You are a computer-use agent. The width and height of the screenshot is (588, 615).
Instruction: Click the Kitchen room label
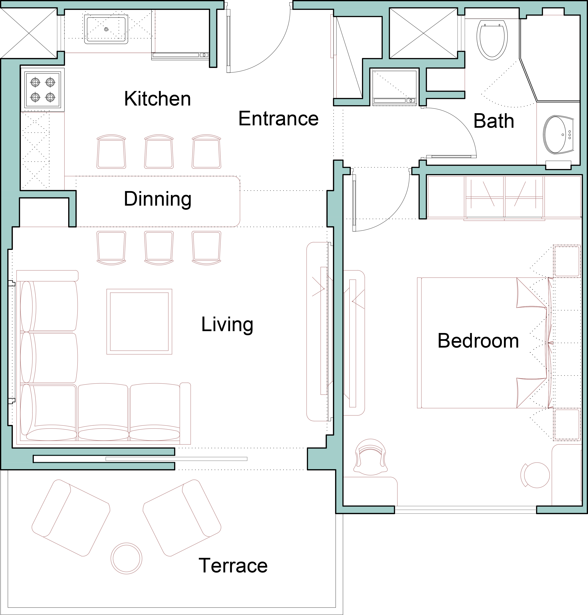(157, 99)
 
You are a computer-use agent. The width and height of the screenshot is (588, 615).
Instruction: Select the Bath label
(494, 121)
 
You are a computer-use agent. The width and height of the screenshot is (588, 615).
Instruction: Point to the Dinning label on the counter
(157, 199)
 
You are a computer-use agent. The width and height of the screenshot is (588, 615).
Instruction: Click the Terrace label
(233, 566)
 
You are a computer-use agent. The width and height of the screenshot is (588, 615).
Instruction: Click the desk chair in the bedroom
(370, 457)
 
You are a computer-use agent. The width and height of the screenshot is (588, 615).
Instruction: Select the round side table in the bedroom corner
(535, 475)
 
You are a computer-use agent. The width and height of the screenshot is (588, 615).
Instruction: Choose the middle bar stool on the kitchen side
(159, 152)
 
